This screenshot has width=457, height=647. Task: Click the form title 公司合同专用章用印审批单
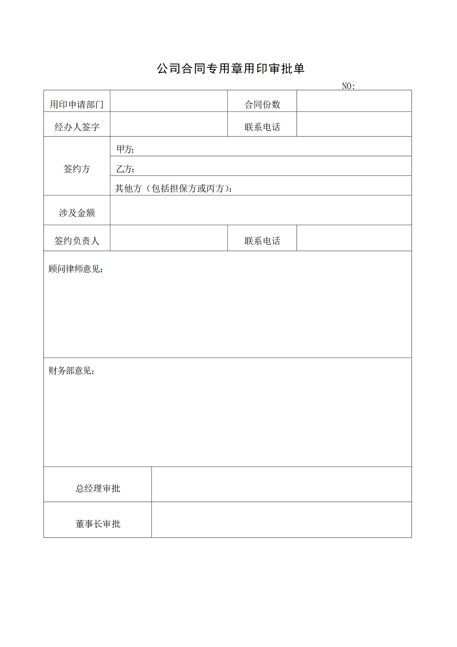point(231,69)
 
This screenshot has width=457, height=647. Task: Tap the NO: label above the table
point(348,86)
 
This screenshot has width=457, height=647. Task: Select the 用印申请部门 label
point(77,104)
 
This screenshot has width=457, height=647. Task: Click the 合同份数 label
point(262,104)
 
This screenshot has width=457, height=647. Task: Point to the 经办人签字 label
point(77,127)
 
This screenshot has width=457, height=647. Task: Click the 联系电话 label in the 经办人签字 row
point(262,127)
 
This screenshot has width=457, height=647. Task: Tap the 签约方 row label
point(77,169)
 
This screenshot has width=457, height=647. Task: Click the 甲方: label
point(125,149)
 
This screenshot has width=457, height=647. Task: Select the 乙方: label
point(125,169)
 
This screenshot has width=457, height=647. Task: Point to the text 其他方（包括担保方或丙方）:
point(174,188)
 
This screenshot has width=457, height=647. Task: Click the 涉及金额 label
point(77,213)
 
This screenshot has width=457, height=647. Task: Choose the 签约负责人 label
point(77,241)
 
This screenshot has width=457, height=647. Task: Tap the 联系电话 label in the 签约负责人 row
point(262,241)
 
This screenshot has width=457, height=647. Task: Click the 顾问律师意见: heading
point(76,269)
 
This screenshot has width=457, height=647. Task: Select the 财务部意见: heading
point(71,371)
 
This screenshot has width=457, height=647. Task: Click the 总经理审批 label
point(98,488)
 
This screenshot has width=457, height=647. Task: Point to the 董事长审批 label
point(98,524)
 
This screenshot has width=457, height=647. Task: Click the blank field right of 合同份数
point(354,101)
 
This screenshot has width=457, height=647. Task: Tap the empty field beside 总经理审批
point(281,484)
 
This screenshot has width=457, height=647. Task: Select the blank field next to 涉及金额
point(261,210)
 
